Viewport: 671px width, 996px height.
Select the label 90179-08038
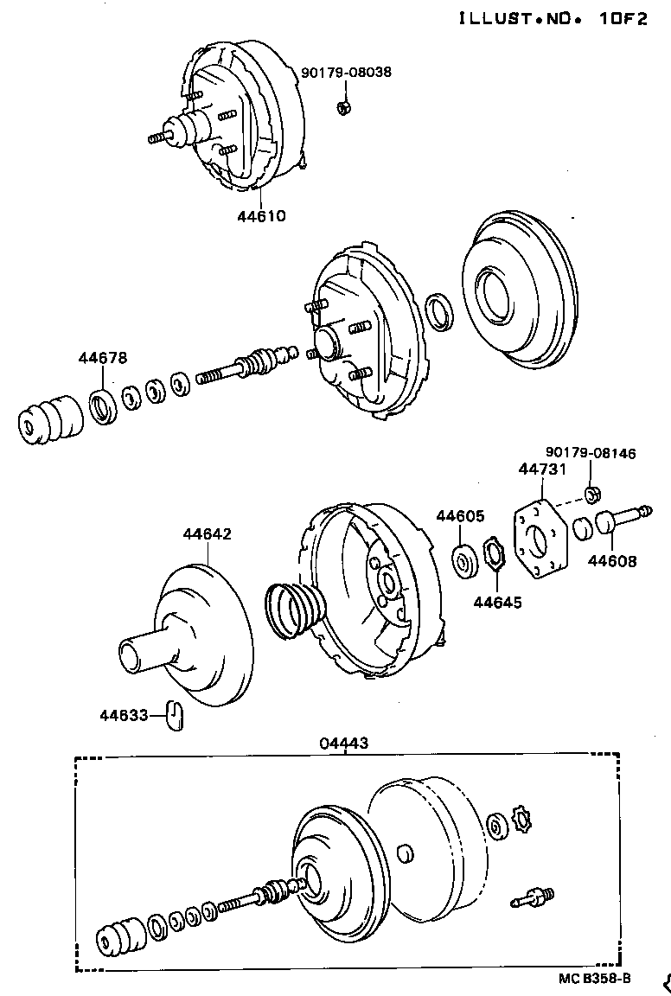[346, 73]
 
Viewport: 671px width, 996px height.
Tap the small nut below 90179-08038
[342, 107]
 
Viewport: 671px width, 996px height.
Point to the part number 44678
[102, 357]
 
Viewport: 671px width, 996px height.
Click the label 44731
[542, 469]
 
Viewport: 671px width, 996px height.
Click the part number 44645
[497, 602]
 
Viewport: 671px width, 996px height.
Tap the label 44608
[612, 561]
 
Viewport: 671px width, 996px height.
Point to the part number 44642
[207, 534]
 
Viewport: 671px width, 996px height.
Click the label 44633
[124, 714]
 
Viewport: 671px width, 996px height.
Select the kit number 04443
[343, 742]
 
